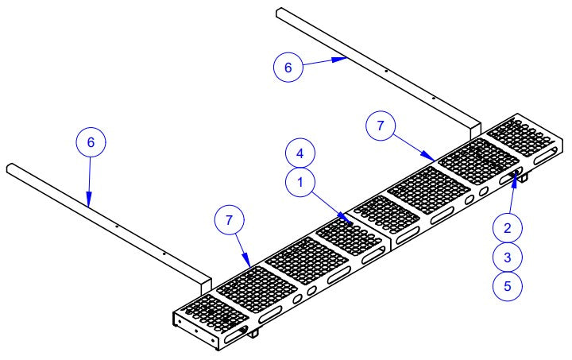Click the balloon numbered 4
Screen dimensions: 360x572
tap(300, 152)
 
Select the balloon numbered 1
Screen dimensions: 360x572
tap(300, 182)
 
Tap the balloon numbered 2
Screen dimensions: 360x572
tap(507, 228)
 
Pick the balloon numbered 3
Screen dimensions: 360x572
tap(507, 257)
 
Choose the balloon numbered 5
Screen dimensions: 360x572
tap(507, 285)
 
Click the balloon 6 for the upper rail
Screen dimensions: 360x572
tap(288, 68)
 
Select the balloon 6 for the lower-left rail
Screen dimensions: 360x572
tap(91, 142)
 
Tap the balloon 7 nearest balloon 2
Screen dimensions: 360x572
tap(380, 126)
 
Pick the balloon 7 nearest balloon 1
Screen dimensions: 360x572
tap(230, 220)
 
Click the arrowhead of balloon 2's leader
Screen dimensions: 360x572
tap(516, 175)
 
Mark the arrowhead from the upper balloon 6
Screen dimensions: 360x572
tap(344, 59)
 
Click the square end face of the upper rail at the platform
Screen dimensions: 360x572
tap(475, 130)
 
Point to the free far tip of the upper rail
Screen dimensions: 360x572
tap(279, 10)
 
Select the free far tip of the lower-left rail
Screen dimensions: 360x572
tap(10, 167)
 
